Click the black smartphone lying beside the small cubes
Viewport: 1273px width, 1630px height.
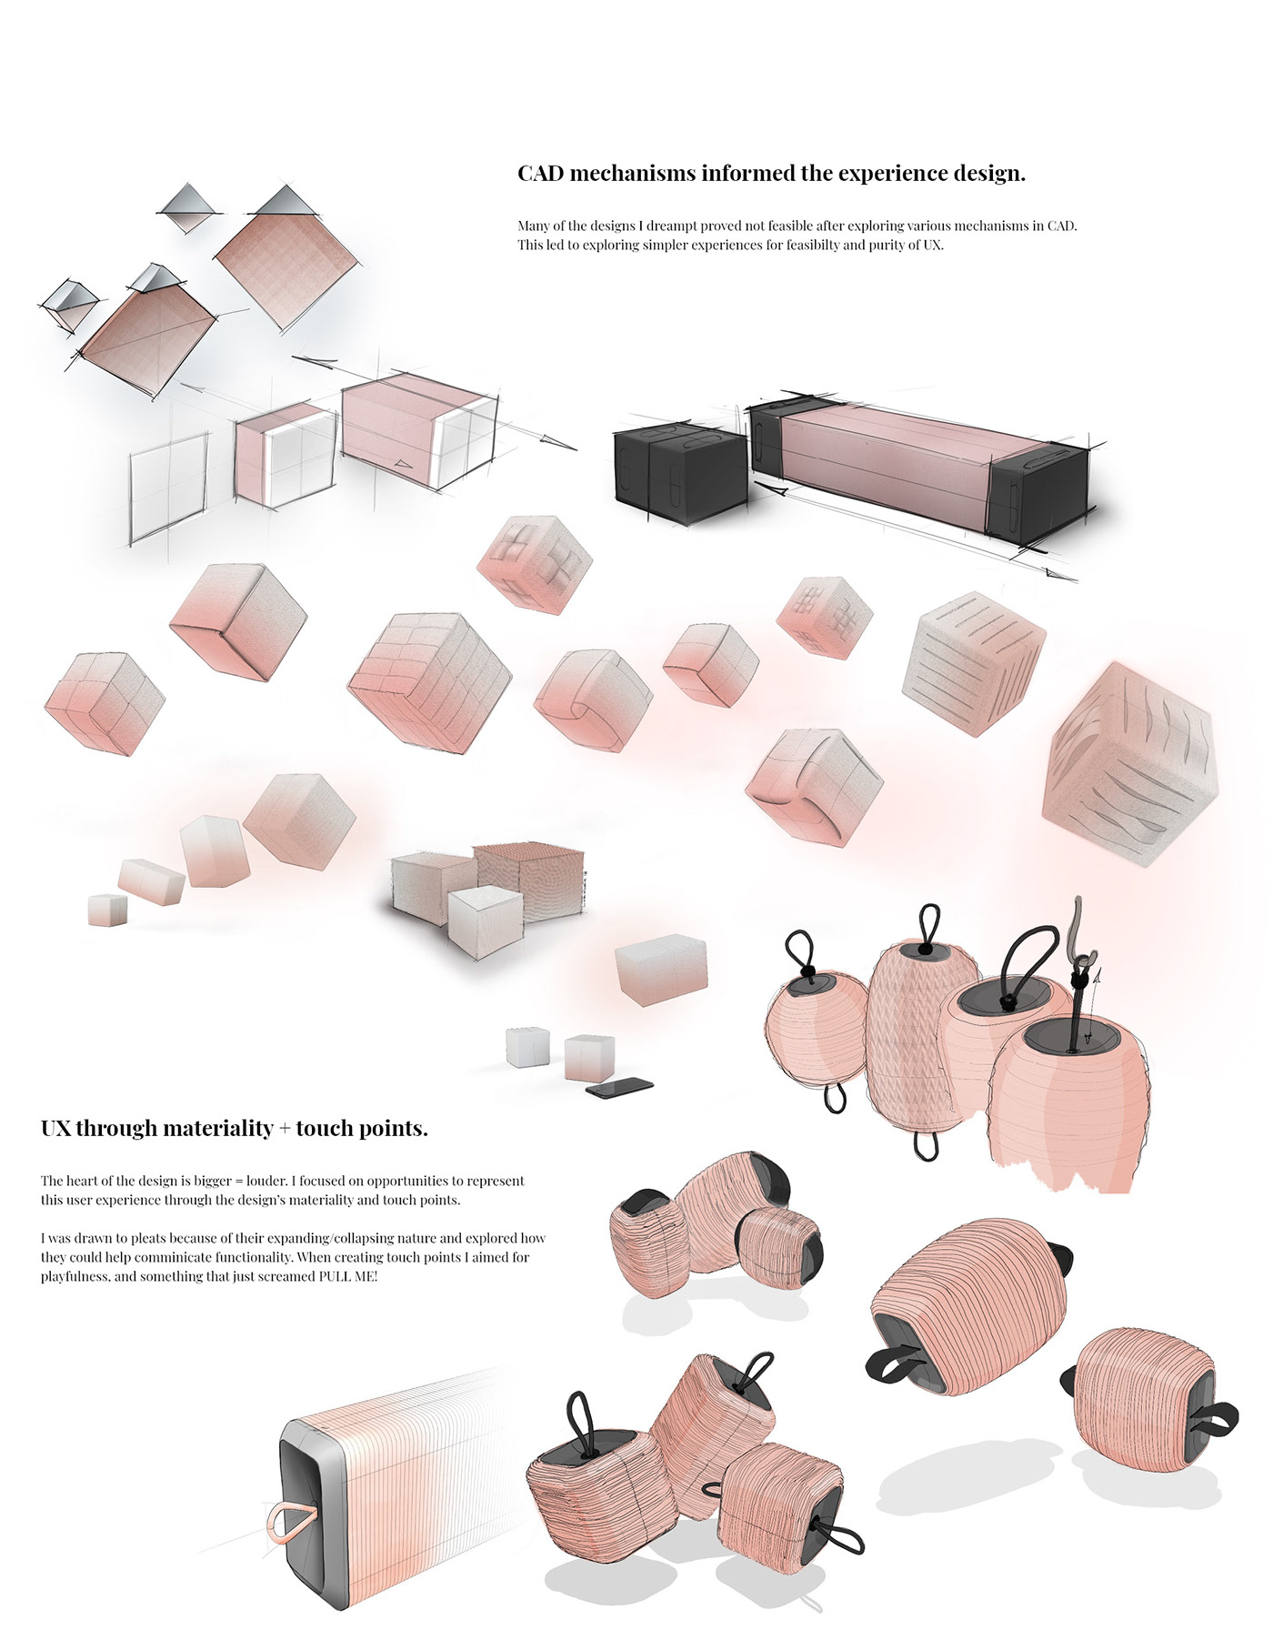[x=619, y=1087]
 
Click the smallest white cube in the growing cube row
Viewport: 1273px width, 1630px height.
[x=107, y=910]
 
